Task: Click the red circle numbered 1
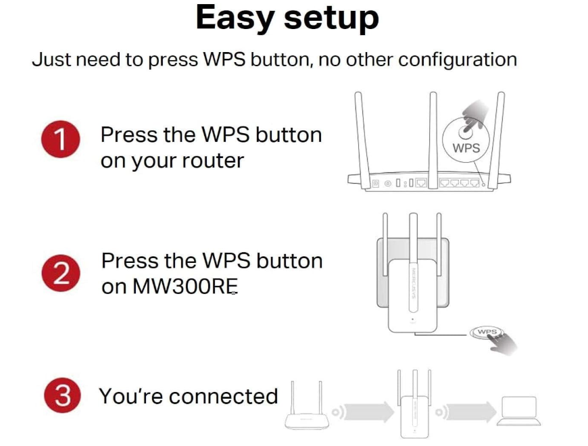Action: tap(60, 140)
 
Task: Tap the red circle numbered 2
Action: tap(60, 274)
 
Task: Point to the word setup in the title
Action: tap(331, 20)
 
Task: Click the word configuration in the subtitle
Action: tap(457, 59)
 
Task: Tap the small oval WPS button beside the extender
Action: tap(487, 332)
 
